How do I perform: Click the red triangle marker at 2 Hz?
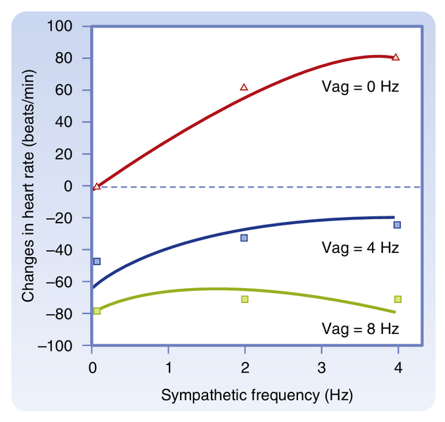[x=244, y=87]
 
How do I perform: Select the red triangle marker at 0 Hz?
[x=97, y=186]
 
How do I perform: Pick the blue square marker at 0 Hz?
[x=97, y=261]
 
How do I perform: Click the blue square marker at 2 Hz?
[x=244, y=238]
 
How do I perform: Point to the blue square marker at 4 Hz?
[x=397, y=225]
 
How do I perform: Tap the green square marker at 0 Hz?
[x=97, y=311]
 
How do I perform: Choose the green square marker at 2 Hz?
[x=244, y=299]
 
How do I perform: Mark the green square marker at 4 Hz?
[x=397, y=299]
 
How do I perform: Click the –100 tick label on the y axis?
[x=62, y=347]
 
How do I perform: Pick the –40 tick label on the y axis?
[x=65, y=251]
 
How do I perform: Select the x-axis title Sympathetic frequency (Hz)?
[x=257, y=395]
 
